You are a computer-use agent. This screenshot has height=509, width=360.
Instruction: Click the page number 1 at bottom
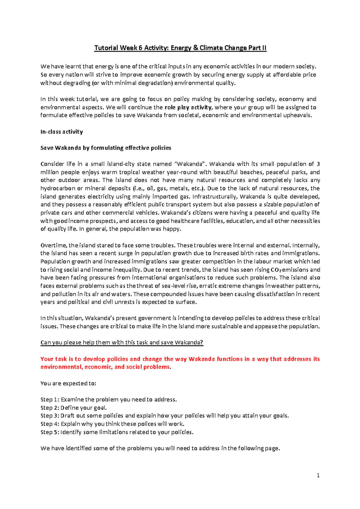[318, 475]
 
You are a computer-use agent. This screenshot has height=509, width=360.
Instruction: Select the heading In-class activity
[61, 132]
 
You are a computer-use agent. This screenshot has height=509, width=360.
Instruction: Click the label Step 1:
[50, 400]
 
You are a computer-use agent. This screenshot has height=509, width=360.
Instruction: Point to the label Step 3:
[50, 416]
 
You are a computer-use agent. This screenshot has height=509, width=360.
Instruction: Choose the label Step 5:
[50, 432]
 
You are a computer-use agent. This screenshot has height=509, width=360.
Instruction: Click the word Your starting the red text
[47, 359]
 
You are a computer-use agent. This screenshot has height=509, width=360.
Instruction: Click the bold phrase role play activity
[188, 107]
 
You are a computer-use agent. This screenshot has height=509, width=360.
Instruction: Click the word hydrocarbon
[58, 189]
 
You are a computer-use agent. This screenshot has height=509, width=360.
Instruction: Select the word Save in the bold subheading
[47, 148]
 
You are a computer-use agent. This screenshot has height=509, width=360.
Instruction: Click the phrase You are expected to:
[68, 383]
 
